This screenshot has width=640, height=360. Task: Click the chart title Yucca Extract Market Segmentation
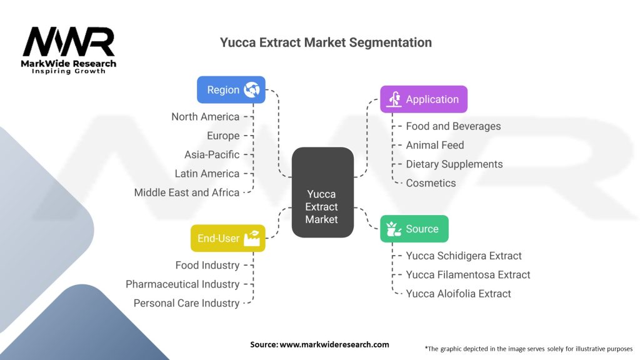click(x=326, y=42)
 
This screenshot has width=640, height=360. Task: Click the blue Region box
click(x=231, y=90)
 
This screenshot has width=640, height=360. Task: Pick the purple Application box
click(x=423, y=99)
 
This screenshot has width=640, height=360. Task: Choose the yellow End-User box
click(x=227, y=238)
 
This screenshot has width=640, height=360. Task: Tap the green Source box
click(x=414, y=229)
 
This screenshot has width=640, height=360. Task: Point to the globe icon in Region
click(x=252, y=90)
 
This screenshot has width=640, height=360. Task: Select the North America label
click(x=205, y=117)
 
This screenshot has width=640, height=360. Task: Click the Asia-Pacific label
click(x=212, y=154)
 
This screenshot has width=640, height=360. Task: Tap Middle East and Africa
click(x=186, y=192)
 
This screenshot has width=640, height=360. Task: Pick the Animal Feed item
click(x=435, y=145)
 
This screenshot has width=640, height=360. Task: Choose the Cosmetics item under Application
click(x=431, y=183)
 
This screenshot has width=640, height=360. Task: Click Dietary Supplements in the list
click(x=454, y=164)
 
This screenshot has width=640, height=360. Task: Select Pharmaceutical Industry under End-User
click(x=182, y=284)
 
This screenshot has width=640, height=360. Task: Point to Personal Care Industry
click(x=186, y=303)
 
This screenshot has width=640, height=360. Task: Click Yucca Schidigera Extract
click(x=464, y=256)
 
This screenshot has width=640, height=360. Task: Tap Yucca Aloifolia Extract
click(x=458, y=294)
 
